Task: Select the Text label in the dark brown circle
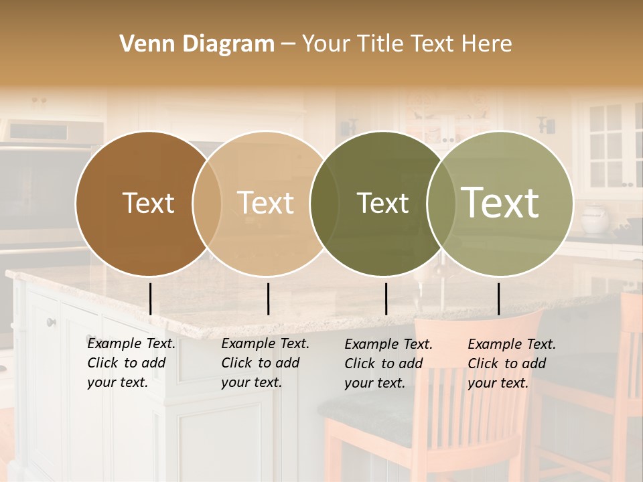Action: (x=148, y=203)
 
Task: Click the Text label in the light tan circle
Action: (x=266, y=203)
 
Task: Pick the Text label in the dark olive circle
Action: (x=382, y=203)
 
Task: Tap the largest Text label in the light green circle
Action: (x=500, y=202)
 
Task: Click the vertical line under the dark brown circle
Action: (x=150, y=299)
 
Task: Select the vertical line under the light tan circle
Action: (x=268, y=299)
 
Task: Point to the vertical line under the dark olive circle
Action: (x=386, y=299)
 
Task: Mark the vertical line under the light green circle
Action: (x=498, y=299)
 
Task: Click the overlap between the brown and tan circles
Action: (x=207, y=203)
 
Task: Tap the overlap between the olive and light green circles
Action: (x=441, y=203)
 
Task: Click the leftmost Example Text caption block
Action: (x=131, y=363)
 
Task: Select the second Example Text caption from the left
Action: (x=265, y=363)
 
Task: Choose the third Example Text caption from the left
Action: (x=388, y=364)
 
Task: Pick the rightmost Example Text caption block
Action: (x=511, y=364)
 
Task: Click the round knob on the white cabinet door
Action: (x=52, y=323)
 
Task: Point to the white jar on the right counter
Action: (x=594, y=219)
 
